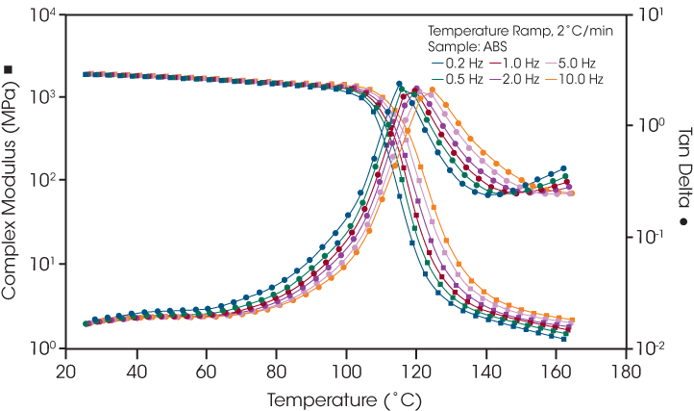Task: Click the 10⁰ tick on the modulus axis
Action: pos(42,347)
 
